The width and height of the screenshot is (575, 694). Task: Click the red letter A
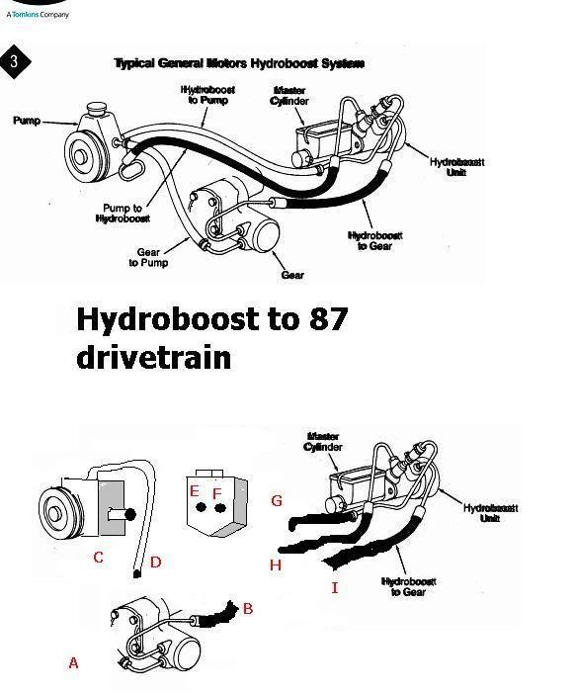click(73, 663)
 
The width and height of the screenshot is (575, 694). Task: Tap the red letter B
click(248, 608)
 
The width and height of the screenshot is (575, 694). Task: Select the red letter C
click(98, 558)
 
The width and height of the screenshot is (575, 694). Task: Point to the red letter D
click(155, 563)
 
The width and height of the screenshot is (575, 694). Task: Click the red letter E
click(195, 490)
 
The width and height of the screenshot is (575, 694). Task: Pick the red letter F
click(217, 492)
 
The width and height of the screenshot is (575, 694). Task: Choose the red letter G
click(277, 501)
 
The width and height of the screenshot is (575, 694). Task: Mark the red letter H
click(276, 564)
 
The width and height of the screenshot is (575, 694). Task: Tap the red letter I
click(335, 588)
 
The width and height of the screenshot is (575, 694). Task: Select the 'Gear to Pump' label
click(148, 258)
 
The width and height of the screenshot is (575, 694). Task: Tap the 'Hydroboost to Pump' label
click(208, 95)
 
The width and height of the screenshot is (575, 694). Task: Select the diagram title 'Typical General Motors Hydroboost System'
click(239, 63)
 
